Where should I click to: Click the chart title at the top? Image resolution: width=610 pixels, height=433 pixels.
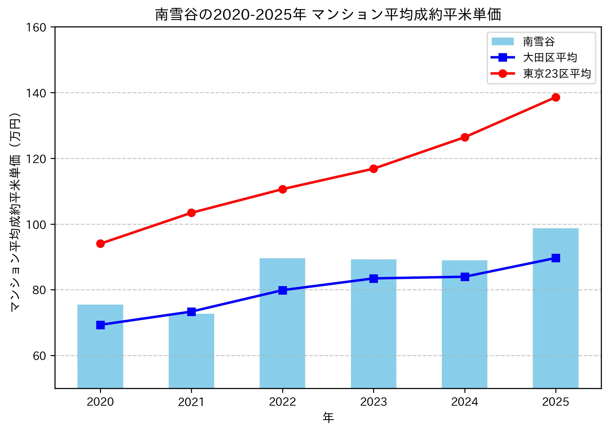(x=328, y=15)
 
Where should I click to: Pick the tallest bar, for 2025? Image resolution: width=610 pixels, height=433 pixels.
(x=555, y=308)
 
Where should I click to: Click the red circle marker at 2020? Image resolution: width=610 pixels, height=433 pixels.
(x=100, y=244)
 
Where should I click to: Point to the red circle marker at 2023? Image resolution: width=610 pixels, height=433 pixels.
(x=374, y=169)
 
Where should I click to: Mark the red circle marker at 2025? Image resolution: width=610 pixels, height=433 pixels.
(x=555, y=97)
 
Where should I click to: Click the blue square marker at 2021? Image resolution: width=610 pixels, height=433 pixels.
(x=191, y=312)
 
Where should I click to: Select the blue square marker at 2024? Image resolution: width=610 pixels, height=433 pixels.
(x=464, y=277)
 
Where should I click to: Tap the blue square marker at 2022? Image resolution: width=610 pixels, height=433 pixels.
(x=282, y=290)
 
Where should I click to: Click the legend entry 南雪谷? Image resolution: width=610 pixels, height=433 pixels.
(x=539, y=42)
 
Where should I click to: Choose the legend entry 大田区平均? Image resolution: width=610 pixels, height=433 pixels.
(x=550, y=58)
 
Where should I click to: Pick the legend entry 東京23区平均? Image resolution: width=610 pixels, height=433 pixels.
(x=557, y=73)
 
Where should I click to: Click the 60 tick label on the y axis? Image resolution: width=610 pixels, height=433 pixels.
(x=39, y=356)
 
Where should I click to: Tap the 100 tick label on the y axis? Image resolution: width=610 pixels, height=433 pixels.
(x=36, y=225)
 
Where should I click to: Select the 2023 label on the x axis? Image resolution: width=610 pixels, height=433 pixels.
(x=374, y=402)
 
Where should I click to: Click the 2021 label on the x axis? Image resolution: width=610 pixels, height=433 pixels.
(x=191, y=402)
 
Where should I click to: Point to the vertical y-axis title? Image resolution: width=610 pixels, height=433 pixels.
(x=15, y=212)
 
